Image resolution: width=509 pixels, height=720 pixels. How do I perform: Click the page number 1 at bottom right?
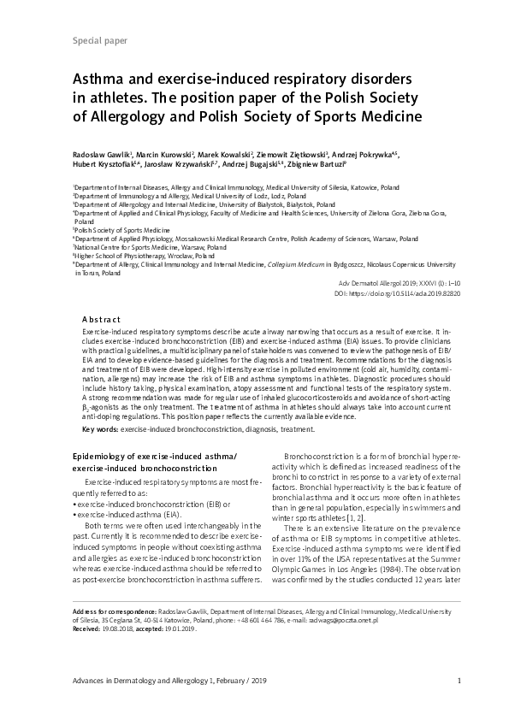[x=459, y=680]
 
